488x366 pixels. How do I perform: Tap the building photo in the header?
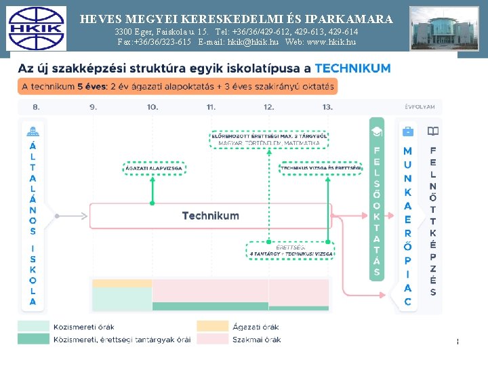(435, 28)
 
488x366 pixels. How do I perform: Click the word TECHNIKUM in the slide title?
(353, 68)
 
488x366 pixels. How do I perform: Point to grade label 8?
(36, 107)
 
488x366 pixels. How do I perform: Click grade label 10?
(152, 107)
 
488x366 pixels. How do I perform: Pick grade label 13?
(327, 107)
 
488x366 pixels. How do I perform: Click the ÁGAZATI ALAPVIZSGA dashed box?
(152, 167)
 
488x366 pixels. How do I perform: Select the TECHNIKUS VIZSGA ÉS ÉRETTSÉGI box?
(321, 167)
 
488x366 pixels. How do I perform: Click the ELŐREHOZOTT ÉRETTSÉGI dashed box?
(270, 140)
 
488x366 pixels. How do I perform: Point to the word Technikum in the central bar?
(210, 216)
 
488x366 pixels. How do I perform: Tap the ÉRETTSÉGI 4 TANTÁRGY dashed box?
(290, 251)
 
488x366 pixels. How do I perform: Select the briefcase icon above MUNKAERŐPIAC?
(407, 131)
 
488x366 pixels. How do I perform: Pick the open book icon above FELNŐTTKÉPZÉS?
(432, 131)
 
